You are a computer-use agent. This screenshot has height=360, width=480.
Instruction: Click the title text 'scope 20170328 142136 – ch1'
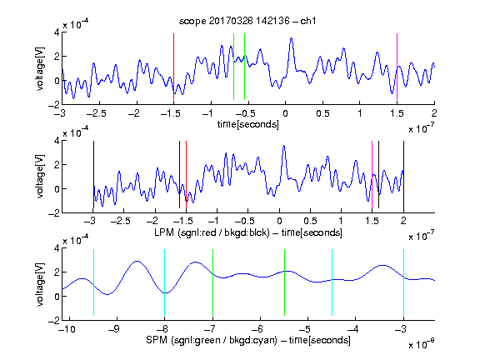tap(247, 21)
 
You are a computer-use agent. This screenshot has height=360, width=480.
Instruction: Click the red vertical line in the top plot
tap(173, 67)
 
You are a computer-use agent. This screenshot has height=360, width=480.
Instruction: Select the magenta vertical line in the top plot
tap(397, 67)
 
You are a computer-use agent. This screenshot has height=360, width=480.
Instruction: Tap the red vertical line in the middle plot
tap(186, 174)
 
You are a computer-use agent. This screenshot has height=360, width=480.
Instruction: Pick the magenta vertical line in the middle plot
tap(372, 174)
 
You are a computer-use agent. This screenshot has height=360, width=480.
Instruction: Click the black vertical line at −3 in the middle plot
tap(93, 174)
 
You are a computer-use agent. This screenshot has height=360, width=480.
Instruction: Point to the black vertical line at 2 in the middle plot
tap(403, 174)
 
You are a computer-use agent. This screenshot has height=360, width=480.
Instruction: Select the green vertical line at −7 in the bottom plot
tap(212, 282)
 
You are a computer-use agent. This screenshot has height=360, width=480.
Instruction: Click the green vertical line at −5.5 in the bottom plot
tap(284, 282)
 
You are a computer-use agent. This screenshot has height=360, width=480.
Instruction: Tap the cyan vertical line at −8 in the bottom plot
tap(165, 282)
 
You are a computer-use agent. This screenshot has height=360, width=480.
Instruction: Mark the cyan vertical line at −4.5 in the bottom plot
tap(332, 282)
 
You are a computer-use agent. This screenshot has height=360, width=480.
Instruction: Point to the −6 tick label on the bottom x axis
tap(257, 329)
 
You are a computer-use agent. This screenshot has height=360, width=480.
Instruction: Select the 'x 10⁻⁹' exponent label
tap(422, 343)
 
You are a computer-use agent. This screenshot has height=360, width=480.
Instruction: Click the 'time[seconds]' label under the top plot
tap(248, 124)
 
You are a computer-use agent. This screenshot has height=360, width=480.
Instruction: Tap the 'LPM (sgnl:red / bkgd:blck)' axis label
tap(212, 232)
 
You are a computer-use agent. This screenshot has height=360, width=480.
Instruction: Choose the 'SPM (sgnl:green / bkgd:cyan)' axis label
tap(212, 340)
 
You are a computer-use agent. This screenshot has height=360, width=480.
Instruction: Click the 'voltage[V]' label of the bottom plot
tap(40, 284)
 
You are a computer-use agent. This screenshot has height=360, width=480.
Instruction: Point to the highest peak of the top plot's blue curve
tap(291, 38)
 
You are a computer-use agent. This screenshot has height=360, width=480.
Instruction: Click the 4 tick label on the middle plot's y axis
tap(57, 141)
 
